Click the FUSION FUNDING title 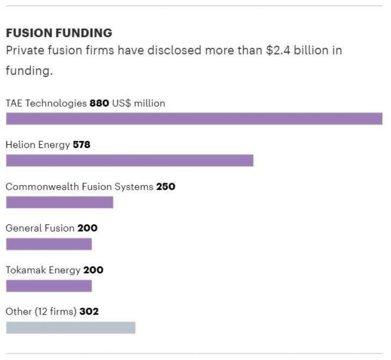[x=59, y=33]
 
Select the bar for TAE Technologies [x=194, y=119]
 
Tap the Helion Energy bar [x=129, y=160]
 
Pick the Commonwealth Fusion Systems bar [x=59, y=202]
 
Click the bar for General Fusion [x=49, y=244]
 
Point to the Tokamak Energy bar [x=49, y=286]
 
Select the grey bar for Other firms [x=70, y=327]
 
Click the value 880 [x=99, y=103]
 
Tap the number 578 [x=81, y=145]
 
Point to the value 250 [x=166, y=187]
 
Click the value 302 [x=89, y=312]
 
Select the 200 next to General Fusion [x=87, y=228]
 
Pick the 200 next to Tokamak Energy [x=93, y=270]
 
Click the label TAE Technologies [x=46, y=103]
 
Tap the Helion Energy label [x=37, y=145]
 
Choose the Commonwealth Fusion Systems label [x=79, y=187]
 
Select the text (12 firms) [x=55, y=312]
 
